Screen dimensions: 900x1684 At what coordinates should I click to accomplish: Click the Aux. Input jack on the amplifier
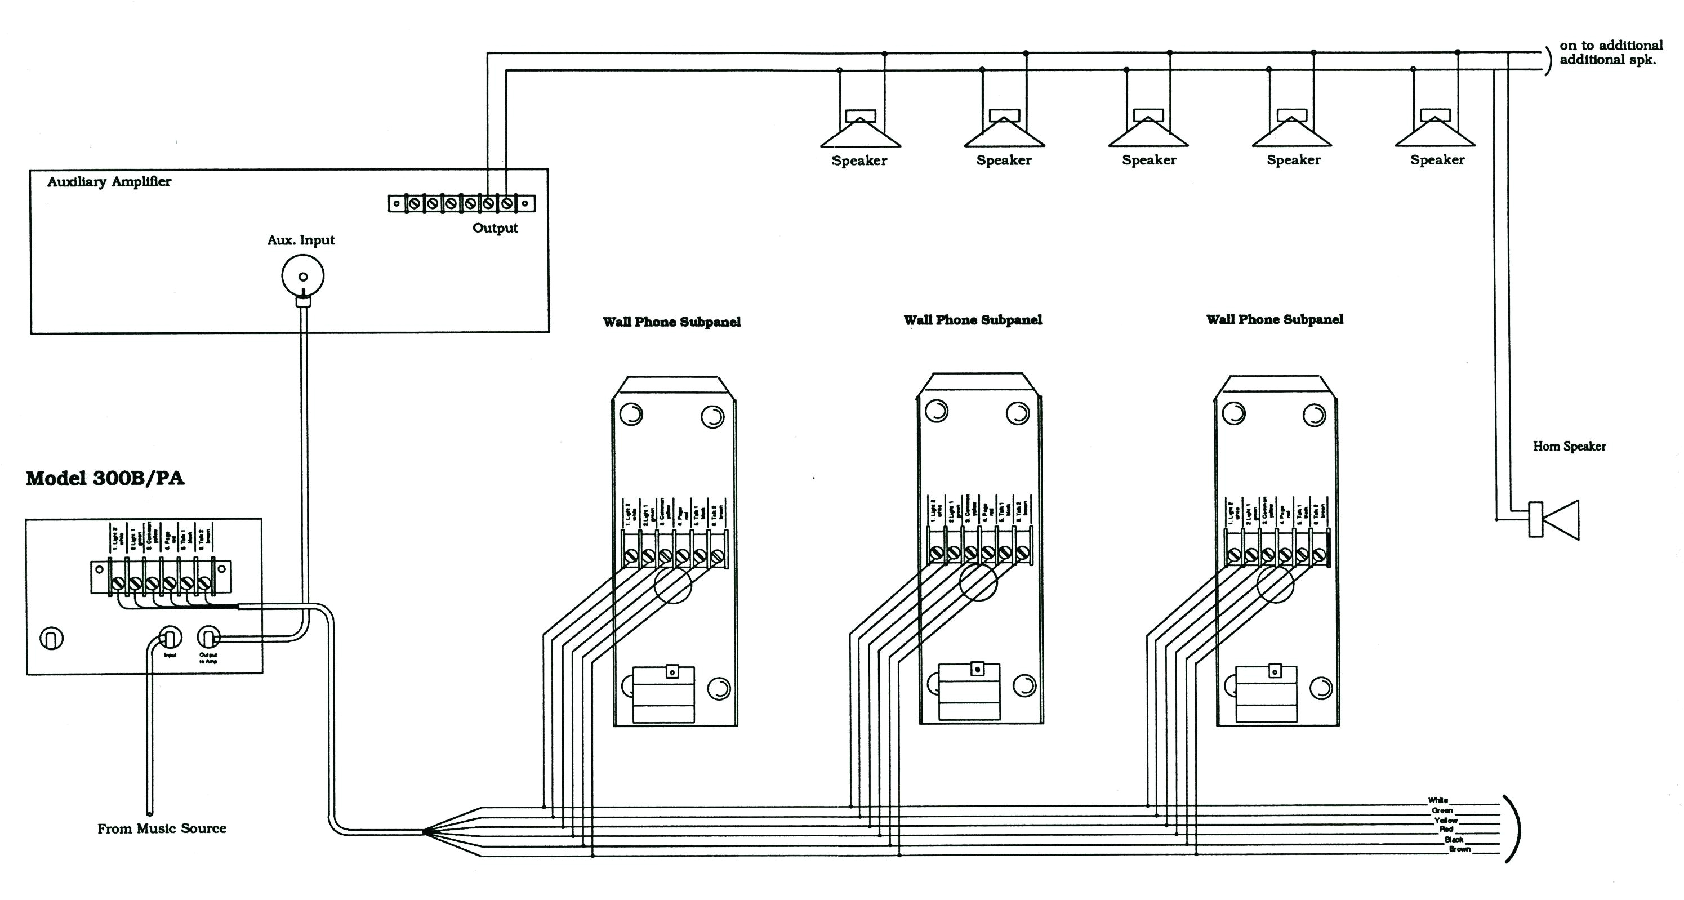(x=302, y=276)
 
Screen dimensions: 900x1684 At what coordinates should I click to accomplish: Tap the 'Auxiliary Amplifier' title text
(x=109, y=182)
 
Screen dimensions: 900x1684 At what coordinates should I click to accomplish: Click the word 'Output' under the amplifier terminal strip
(x=495, y=228)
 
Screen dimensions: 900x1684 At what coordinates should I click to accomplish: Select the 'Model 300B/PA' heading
(x=105, y=478)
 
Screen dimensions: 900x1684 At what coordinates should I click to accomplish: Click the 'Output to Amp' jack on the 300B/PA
(x=208, y=637)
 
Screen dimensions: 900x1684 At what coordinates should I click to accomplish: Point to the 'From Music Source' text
(x=162, y=829)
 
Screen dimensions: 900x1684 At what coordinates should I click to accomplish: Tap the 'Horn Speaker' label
(x=1569, y=447)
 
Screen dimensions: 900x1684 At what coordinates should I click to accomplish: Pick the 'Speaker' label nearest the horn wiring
(x=1437, y=160)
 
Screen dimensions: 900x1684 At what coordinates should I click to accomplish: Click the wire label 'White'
(x=1437, y=800)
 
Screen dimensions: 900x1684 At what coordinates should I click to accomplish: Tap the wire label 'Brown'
(x=1459, y=849)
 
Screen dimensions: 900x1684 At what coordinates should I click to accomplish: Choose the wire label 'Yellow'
(x=1445, y=819)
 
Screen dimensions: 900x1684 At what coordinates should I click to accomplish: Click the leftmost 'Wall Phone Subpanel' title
(x=671, y=322)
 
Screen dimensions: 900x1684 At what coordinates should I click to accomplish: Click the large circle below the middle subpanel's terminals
(x=978, y=582)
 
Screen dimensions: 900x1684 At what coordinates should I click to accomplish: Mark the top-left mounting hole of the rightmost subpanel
(x=1233, y=413)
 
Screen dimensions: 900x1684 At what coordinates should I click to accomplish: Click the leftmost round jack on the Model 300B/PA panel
(x=52, y=638)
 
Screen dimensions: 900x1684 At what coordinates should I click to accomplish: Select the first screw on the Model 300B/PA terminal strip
(x=118, y=582)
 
